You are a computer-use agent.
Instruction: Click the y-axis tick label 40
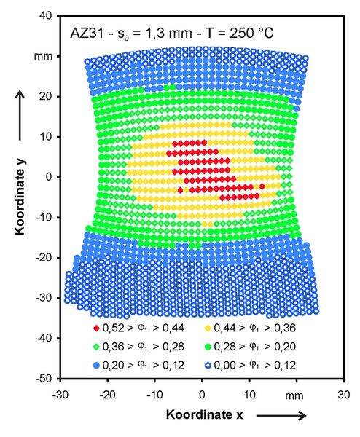(x=46, y=16)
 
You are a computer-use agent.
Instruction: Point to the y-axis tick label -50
(x=44, y=379)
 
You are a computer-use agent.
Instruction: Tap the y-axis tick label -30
(x=44, y=298)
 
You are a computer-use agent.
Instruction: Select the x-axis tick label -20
(x=108, y=395)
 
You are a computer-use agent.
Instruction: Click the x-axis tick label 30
(x=343, y=395)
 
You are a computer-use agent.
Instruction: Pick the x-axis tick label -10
(x=154, y=395)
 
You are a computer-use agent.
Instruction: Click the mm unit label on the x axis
(x=294, y=395)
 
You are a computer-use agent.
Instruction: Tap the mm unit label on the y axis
(x=43, y=57)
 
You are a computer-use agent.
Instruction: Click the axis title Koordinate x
(x=204, y=414)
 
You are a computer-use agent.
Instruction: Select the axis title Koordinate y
(x=20, y=197)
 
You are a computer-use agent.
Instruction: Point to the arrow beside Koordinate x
(x=281, y=416)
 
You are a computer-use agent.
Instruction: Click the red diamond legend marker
(x=96, y=328)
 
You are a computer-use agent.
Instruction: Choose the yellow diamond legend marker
(x=208, y=328)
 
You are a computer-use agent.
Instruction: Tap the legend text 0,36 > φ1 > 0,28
(x=144, y=347)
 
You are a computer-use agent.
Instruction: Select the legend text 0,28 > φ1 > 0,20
(x=254, y=347)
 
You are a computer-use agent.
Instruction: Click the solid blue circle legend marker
(x=96, y=365)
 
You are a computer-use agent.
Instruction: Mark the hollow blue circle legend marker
(x=208, y=365)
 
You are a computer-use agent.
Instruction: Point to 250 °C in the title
(x=251, y=34)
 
